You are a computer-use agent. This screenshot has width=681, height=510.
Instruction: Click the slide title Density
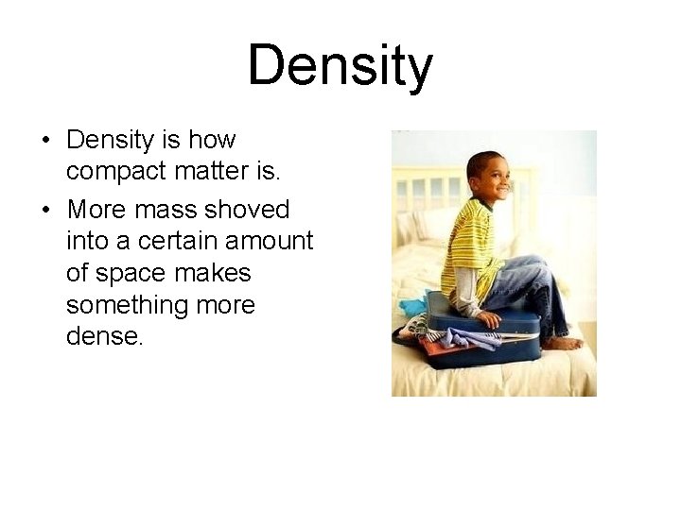(340, 66)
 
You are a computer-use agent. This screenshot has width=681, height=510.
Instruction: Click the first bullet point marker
(44, 142)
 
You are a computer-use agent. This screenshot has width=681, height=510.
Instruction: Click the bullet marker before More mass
(44, 209)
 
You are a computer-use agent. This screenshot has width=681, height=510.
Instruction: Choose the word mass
(173, 209)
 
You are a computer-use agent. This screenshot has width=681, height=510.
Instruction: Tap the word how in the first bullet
(212, 141)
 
